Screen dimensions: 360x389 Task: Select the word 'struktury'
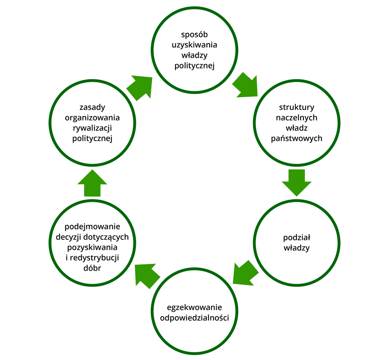[297, 108]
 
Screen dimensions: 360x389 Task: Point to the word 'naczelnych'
[297, 118]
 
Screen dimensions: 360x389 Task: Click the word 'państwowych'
[297, 138]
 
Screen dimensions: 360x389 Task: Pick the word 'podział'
[297, 237]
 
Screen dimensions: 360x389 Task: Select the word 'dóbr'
[92, 268]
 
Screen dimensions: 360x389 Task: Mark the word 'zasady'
[92, 108]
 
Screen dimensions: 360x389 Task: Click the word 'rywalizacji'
[92, 128]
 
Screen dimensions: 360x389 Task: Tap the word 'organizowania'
[92, 118]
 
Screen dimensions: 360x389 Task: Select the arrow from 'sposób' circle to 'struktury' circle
[246, 85]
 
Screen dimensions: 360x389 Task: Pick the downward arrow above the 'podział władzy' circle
[297, 181]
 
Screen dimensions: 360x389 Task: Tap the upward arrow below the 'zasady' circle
[92, 183]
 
